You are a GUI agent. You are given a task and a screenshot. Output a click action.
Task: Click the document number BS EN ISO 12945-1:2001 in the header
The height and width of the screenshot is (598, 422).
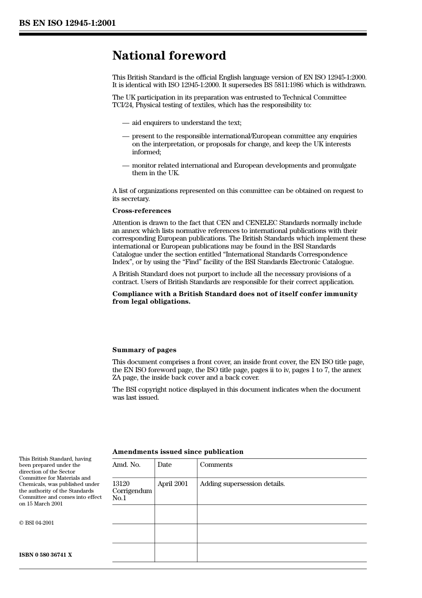tap(67, 23)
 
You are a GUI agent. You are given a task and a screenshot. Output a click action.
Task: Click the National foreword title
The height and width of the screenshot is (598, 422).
tap(169, 56)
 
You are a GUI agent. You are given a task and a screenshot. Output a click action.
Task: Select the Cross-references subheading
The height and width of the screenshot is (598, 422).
tap(141, 211)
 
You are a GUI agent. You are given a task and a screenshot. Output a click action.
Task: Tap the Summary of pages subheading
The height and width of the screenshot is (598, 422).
tap(144, 350)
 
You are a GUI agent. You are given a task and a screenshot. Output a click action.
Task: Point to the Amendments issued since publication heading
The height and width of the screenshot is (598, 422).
tap(178, 452)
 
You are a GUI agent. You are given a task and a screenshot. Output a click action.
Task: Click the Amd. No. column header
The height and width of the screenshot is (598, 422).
tap(126, 465)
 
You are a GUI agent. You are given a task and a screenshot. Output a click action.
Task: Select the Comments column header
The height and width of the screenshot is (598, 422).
tap(216, 465)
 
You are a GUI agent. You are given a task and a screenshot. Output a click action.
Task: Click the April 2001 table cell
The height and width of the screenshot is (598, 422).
tap(173, 484)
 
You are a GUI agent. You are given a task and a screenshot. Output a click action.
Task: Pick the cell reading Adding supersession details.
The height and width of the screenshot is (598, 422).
tap(242, 484)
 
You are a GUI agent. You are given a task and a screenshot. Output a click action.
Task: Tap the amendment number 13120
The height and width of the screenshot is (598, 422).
tap(121, 484)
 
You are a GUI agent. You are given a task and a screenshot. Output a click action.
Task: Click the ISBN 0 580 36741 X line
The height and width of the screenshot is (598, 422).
tap(45, 555)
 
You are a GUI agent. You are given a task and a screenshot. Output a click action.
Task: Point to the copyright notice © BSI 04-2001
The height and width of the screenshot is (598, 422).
tap(36, 523)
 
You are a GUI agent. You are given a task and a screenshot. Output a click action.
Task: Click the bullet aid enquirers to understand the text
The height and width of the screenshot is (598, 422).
tap(187, 123)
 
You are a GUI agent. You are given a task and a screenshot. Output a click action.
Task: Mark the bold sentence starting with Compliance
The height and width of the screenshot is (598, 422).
tap(235, 297)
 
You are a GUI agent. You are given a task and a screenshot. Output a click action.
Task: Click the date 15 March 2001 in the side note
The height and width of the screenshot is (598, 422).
tap(44, 504)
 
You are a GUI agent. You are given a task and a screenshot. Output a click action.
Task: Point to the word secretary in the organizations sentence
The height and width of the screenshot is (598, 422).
tap(135, 199)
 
